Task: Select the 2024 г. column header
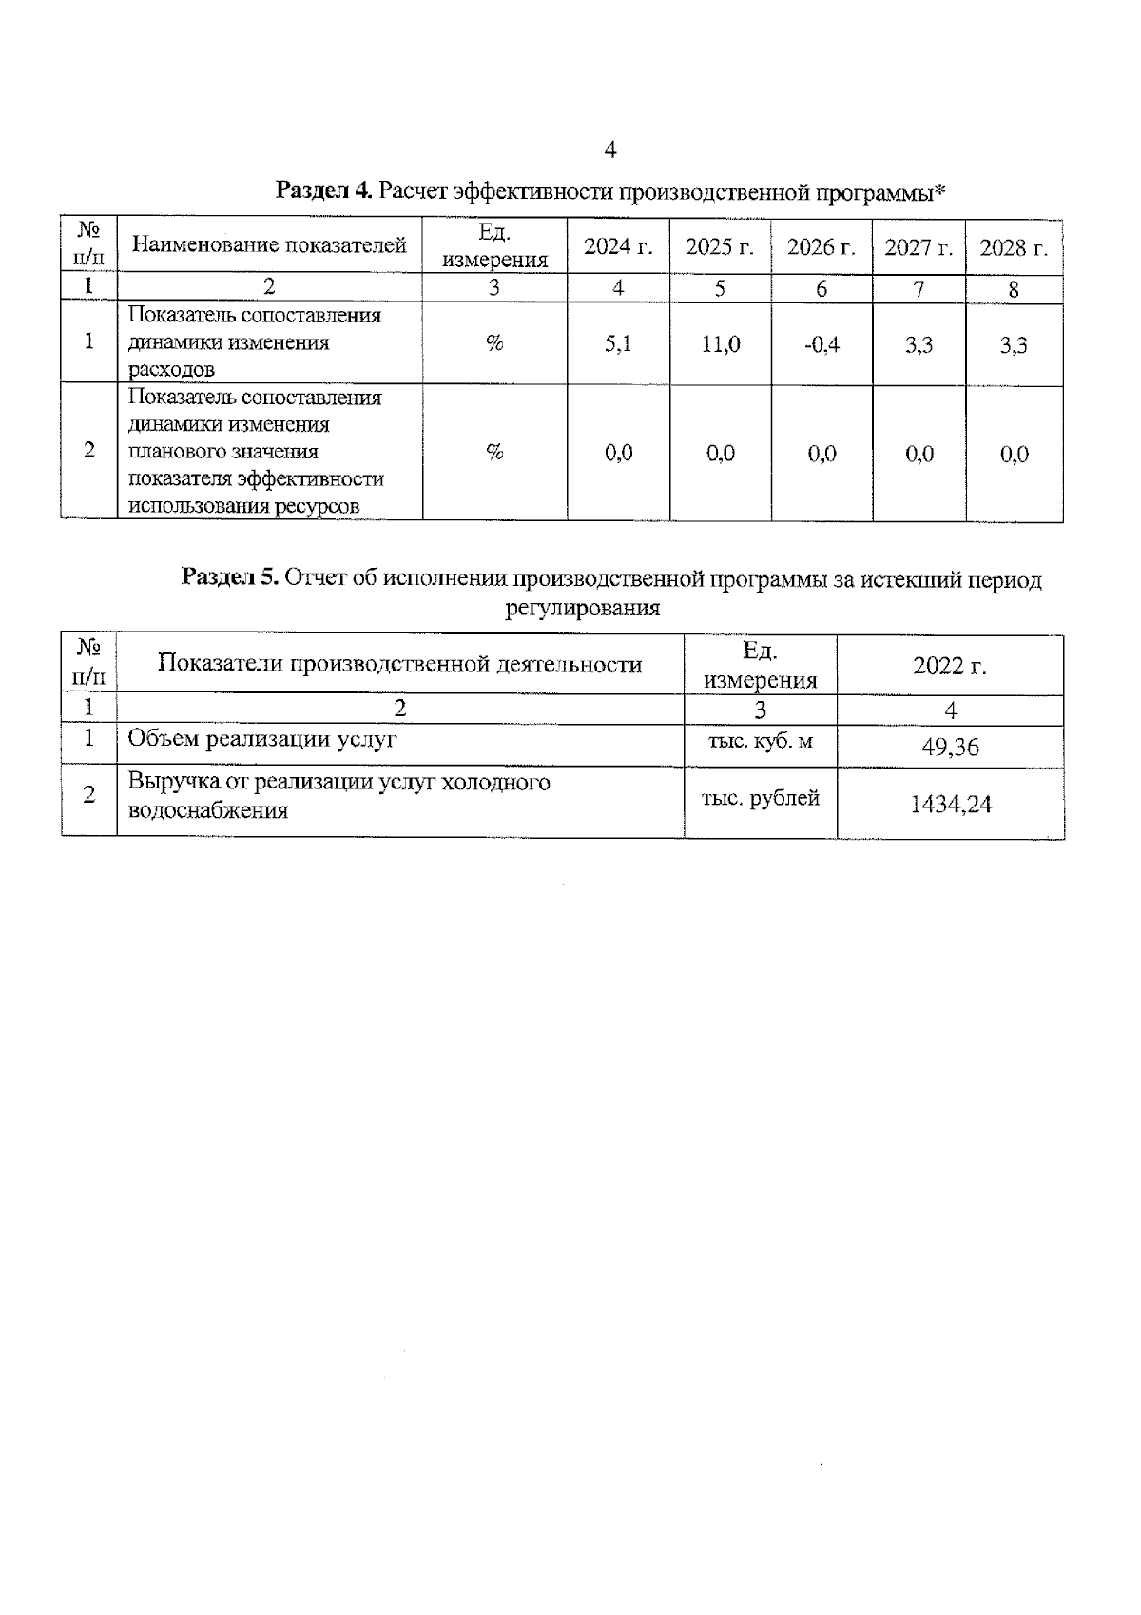[618, 247]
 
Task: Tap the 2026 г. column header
[822, 247]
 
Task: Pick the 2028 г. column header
[1014, 247]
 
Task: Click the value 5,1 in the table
[618, 344]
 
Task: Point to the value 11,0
[721, 344]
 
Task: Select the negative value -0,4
[822, 344]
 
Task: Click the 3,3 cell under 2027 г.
[919, 344]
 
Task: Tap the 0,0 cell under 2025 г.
[721, 454]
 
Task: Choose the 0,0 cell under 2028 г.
[1015, 455]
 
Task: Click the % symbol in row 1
[494, 343]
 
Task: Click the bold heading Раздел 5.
[229, 578]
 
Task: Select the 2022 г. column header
[950, 666]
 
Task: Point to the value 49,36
[950, 748]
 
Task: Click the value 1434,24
[950, 805]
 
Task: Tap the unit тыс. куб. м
[760, 742]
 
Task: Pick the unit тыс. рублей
[760, 799]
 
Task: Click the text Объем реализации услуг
[262, 739]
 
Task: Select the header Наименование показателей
[269, 245]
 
